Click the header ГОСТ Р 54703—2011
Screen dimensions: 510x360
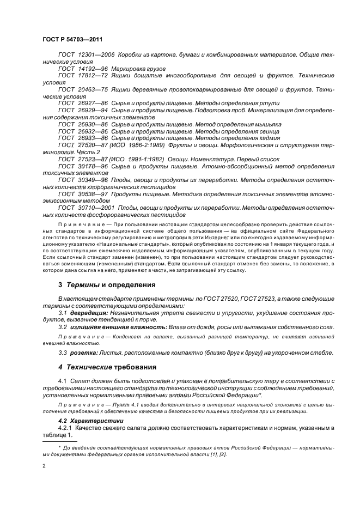72,40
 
